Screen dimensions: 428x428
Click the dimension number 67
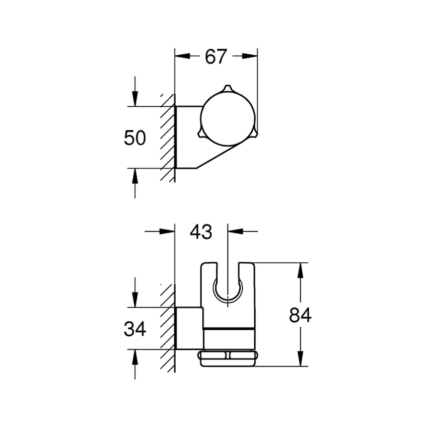(216, 57)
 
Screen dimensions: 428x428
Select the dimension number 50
(134, 137)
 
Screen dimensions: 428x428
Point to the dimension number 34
(134, 329)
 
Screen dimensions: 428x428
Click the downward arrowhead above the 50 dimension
(134, 99)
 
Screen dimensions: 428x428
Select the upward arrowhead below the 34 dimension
(134, 357)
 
